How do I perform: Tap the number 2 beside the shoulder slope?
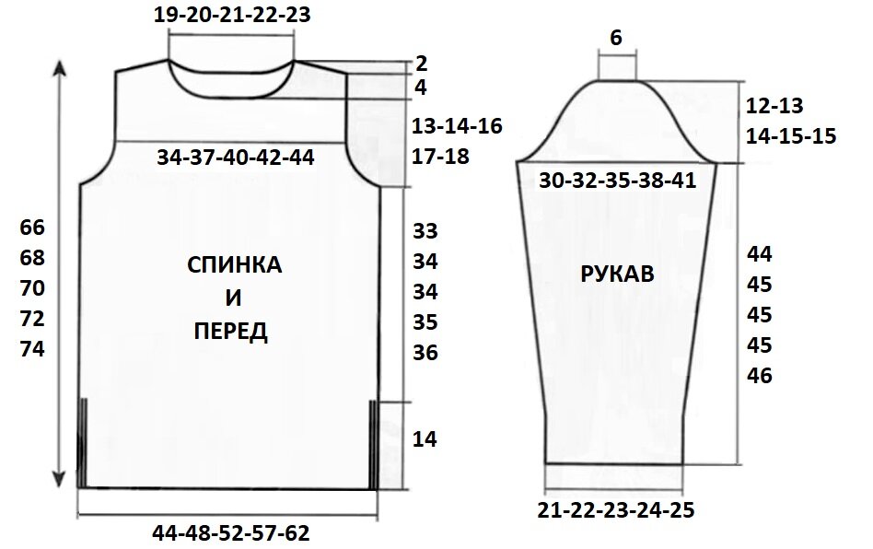422,64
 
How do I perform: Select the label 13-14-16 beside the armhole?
458,126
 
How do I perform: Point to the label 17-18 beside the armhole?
442,157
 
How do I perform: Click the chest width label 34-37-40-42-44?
236,158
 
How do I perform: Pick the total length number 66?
32,227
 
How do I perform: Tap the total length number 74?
32,350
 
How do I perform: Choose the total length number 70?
32,288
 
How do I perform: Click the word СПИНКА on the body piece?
235,266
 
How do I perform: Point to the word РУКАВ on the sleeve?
617,274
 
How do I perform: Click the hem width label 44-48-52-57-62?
230,533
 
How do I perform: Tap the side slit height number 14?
425,439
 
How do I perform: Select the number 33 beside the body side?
425,230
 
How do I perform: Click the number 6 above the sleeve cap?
616,38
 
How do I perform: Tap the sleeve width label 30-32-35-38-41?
617,181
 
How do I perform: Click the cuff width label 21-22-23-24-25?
617,509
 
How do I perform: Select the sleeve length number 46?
760,377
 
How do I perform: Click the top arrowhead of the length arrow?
61,68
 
